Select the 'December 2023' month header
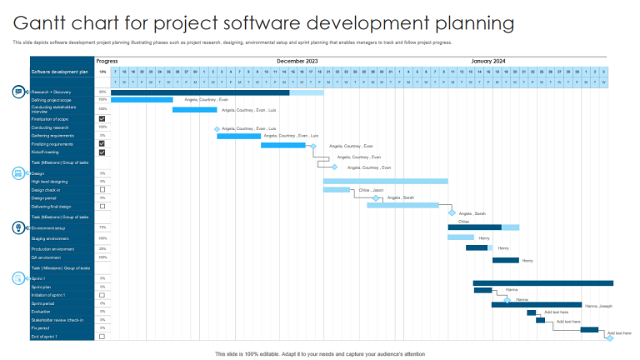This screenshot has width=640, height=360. click(297, 61)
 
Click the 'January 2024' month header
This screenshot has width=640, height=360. click(487, 61)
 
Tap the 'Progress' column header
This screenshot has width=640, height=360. click(107, 61)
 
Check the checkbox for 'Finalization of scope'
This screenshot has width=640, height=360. click(102, 119)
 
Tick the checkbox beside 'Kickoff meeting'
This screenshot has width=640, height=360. click(102, 152)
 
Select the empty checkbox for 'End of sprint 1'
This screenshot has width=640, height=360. click(102, 337)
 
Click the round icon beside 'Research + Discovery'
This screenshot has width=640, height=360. click(18, 91)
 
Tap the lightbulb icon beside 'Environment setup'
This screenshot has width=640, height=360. click(18, 227)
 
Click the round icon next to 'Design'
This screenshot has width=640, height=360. click(18, 172)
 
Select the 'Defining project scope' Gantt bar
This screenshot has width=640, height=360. click(142, 100)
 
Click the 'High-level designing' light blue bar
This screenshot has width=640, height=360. click(385, 181)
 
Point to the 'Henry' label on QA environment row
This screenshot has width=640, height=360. click(527, 261)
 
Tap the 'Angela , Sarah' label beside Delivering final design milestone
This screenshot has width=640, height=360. click(472, 213)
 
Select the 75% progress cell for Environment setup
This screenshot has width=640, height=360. click(102, 227)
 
